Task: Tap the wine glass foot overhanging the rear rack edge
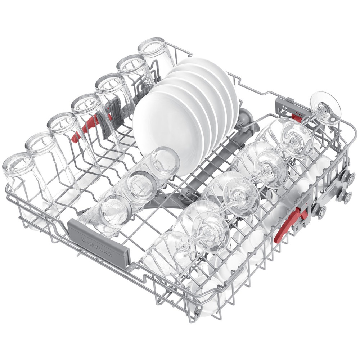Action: (325, 108)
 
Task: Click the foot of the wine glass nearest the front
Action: (211, 232)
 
